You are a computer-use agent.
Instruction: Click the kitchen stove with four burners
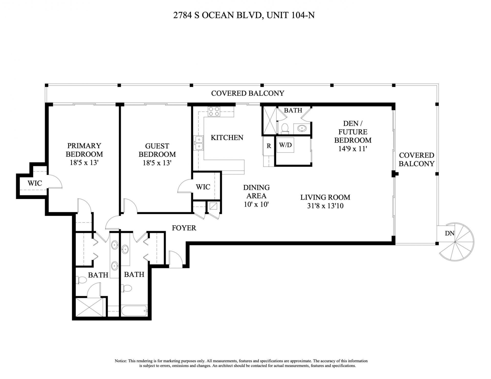pos(214,111)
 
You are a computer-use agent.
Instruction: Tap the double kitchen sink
pos(199,143)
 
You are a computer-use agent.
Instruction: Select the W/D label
pos(285,145)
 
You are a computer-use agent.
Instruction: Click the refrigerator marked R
pos(269,146)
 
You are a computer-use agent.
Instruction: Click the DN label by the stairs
pos(450,233)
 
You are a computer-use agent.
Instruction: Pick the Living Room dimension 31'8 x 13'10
pos(325,206)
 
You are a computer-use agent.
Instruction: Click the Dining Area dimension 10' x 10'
pos(256,204)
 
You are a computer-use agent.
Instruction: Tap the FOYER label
pos(184,228)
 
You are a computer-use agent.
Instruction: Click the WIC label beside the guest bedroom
pos(203,187)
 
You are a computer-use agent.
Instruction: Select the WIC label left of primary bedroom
pos(35,183)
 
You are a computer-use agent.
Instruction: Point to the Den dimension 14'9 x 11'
pos(353,148)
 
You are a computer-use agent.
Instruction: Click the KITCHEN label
pos(227,138)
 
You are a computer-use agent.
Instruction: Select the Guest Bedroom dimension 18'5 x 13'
pos(157,163)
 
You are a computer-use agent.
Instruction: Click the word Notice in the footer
pos(121,361)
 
